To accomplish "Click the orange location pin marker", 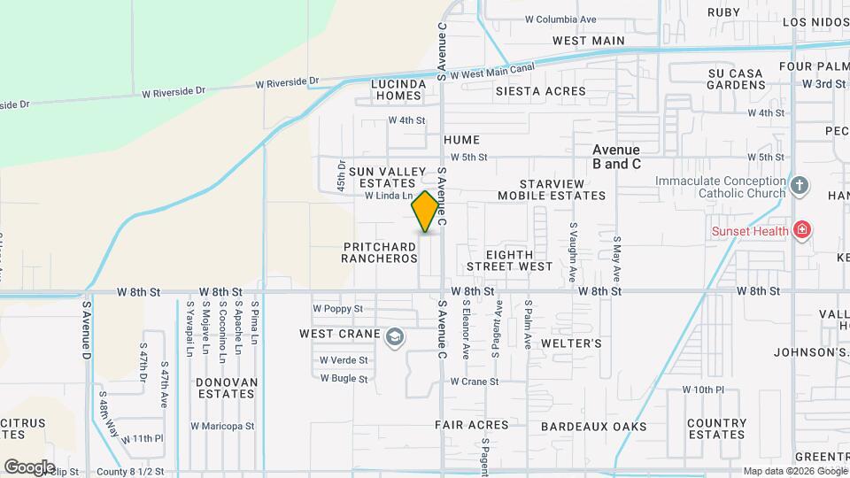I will pos(426,212).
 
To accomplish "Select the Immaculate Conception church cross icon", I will pos(800,186).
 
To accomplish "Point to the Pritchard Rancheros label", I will pos(379,252).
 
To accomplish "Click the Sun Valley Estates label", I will pos(382,177).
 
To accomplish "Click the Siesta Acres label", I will pos(540,91).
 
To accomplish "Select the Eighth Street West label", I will pos(509,260).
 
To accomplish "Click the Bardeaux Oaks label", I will pos(594,427).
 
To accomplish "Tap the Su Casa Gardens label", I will pos(737,79).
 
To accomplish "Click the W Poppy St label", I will pos(338,309).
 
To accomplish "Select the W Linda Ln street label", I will pos(389,196).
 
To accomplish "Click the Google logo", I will pos(29,466).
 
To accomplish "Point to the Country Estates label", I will pos(716,428).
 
